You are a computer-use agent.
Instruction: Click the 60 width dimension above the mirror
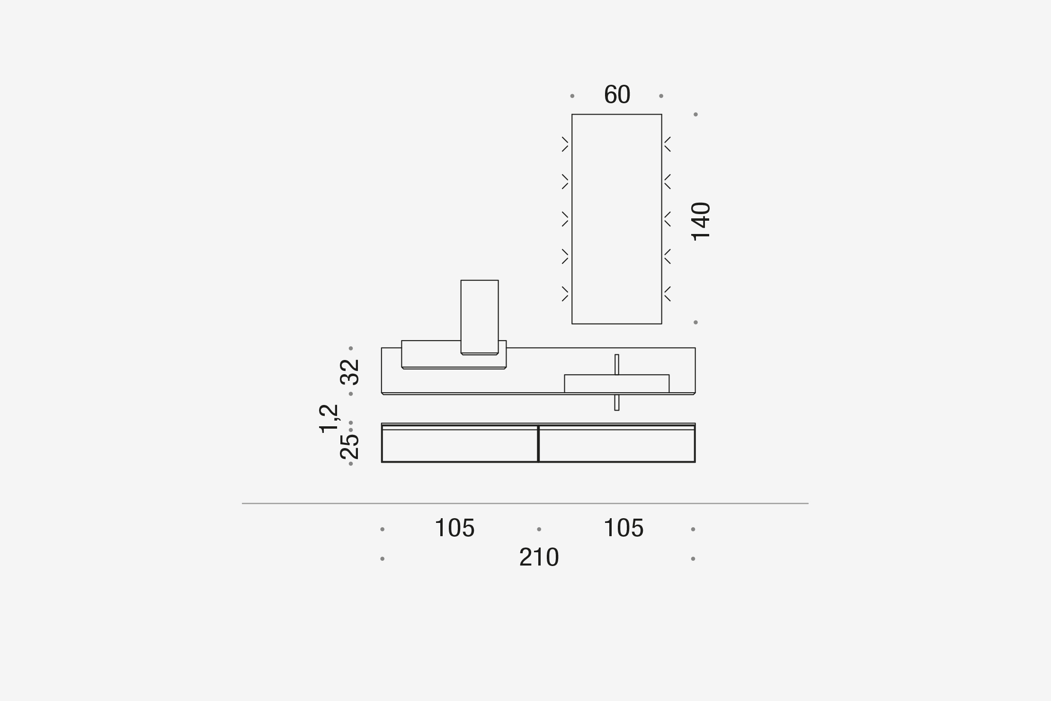pos(617,95)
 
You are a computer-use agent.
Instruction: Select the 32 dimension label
pos(350,372)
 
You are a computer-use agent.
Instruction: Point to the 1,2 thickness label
pos(329,418)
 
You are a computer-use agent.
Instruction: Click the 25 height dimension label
pos(350,446)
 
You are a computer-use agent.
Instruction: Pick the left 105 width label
pos(454,528)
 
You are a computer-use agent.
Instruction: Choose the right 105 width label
pos(623,528)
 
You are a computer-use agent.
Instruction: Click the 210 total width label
pos(539,557)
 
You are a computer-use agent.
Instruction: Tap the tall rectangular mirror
pos(616,219)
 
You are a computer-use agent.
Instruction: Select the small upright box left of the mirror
pos(479,316)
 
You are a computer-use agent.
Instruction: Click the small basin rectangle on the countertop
pos(616,383)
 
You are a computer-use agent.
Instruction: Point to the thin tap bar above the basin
pos(616,364)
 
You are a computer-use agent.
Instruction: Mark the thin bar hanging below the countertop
pos(616,403)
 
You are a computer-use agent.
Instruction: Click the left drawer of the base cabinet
pos(460,445)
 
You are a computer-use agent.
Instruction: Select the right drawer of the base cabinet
pos(616,445)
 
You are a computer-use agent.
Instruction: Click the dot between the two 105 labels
pos(539,529)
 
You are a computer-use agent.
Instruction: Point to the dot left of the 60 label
pos(572,96)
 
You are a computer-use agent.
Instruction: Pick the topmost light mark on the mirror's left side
pos(565,144)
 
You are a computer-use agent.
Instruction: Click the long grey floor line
pos(525,503)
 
